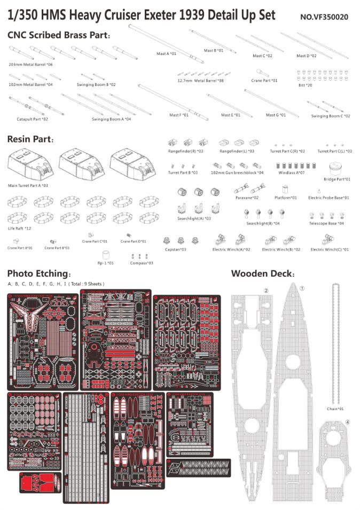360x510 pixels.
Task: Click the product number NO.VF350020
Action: [x=324, y=17]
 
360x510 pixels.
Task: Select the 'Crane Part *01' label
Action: [x=264, y=80]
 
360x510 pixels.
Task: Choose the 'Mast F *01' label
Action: [x=179, y=115]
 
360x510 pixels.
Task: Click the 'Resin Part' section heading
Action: [x=30, y=139]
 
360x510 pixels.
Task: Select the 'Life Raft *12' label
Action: [x=20, y=229]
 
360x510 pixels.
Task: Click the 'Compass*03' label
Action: [x=142, y=263]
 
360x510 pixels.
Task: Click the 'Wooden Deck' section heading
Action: [x=262, y=273]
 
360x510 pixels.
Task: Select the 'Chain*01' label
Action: [x=335, y=409]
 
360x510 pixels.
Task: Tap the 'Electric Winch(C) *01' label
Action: [x=330, y=249]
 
